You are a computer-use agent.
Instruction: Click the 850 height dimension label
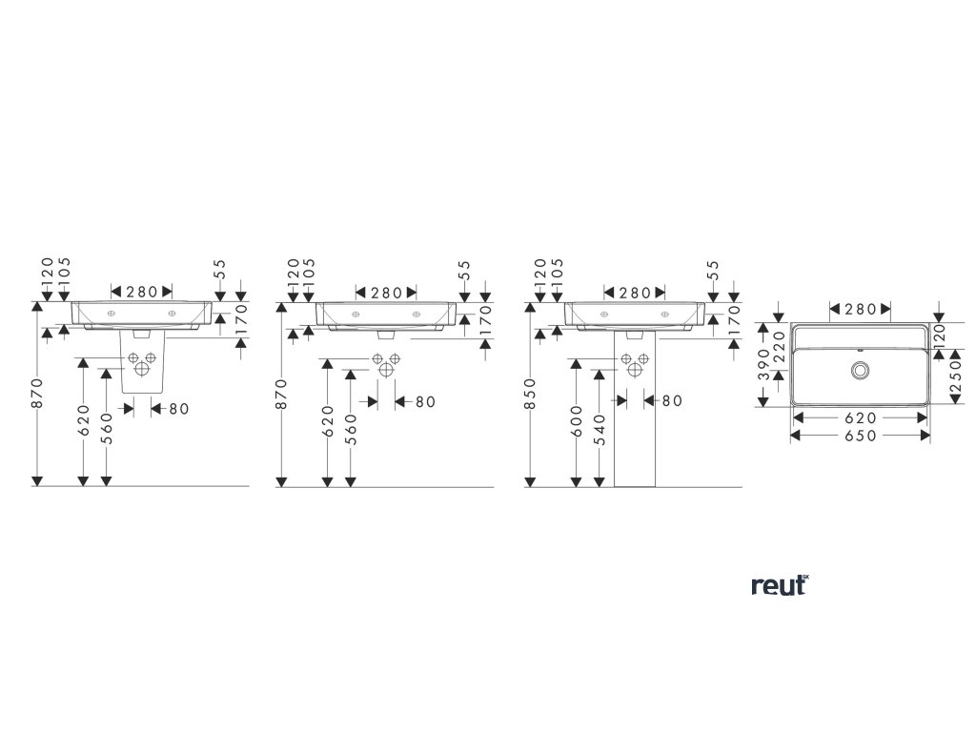point(529,395)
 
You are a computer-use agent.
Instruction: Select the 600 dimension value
point(577,419)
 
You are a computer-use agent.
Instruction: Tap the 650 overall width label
point(861,435)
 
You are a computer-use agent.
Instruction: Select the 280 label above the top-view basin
point(860,309)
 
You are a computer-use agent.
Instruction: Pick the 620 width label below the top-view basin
point(861,417)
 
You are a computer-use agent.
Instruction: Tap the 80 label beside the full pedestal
point(672,401)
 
